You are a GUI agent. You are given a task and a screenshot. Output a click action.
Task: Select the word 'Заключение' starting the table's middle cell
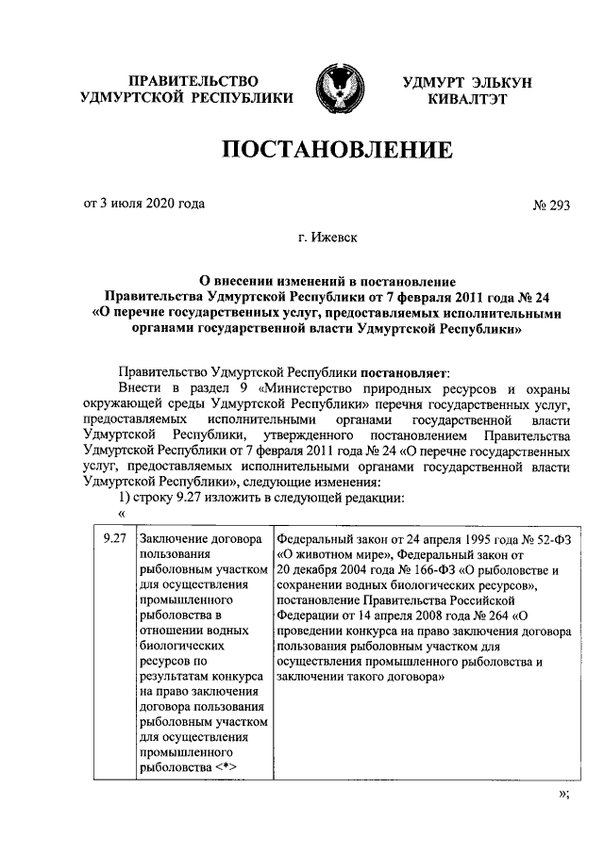coord(174,539)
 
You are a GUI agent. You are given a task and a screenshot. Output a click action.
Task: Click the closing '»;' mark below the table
coord(564,794)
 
